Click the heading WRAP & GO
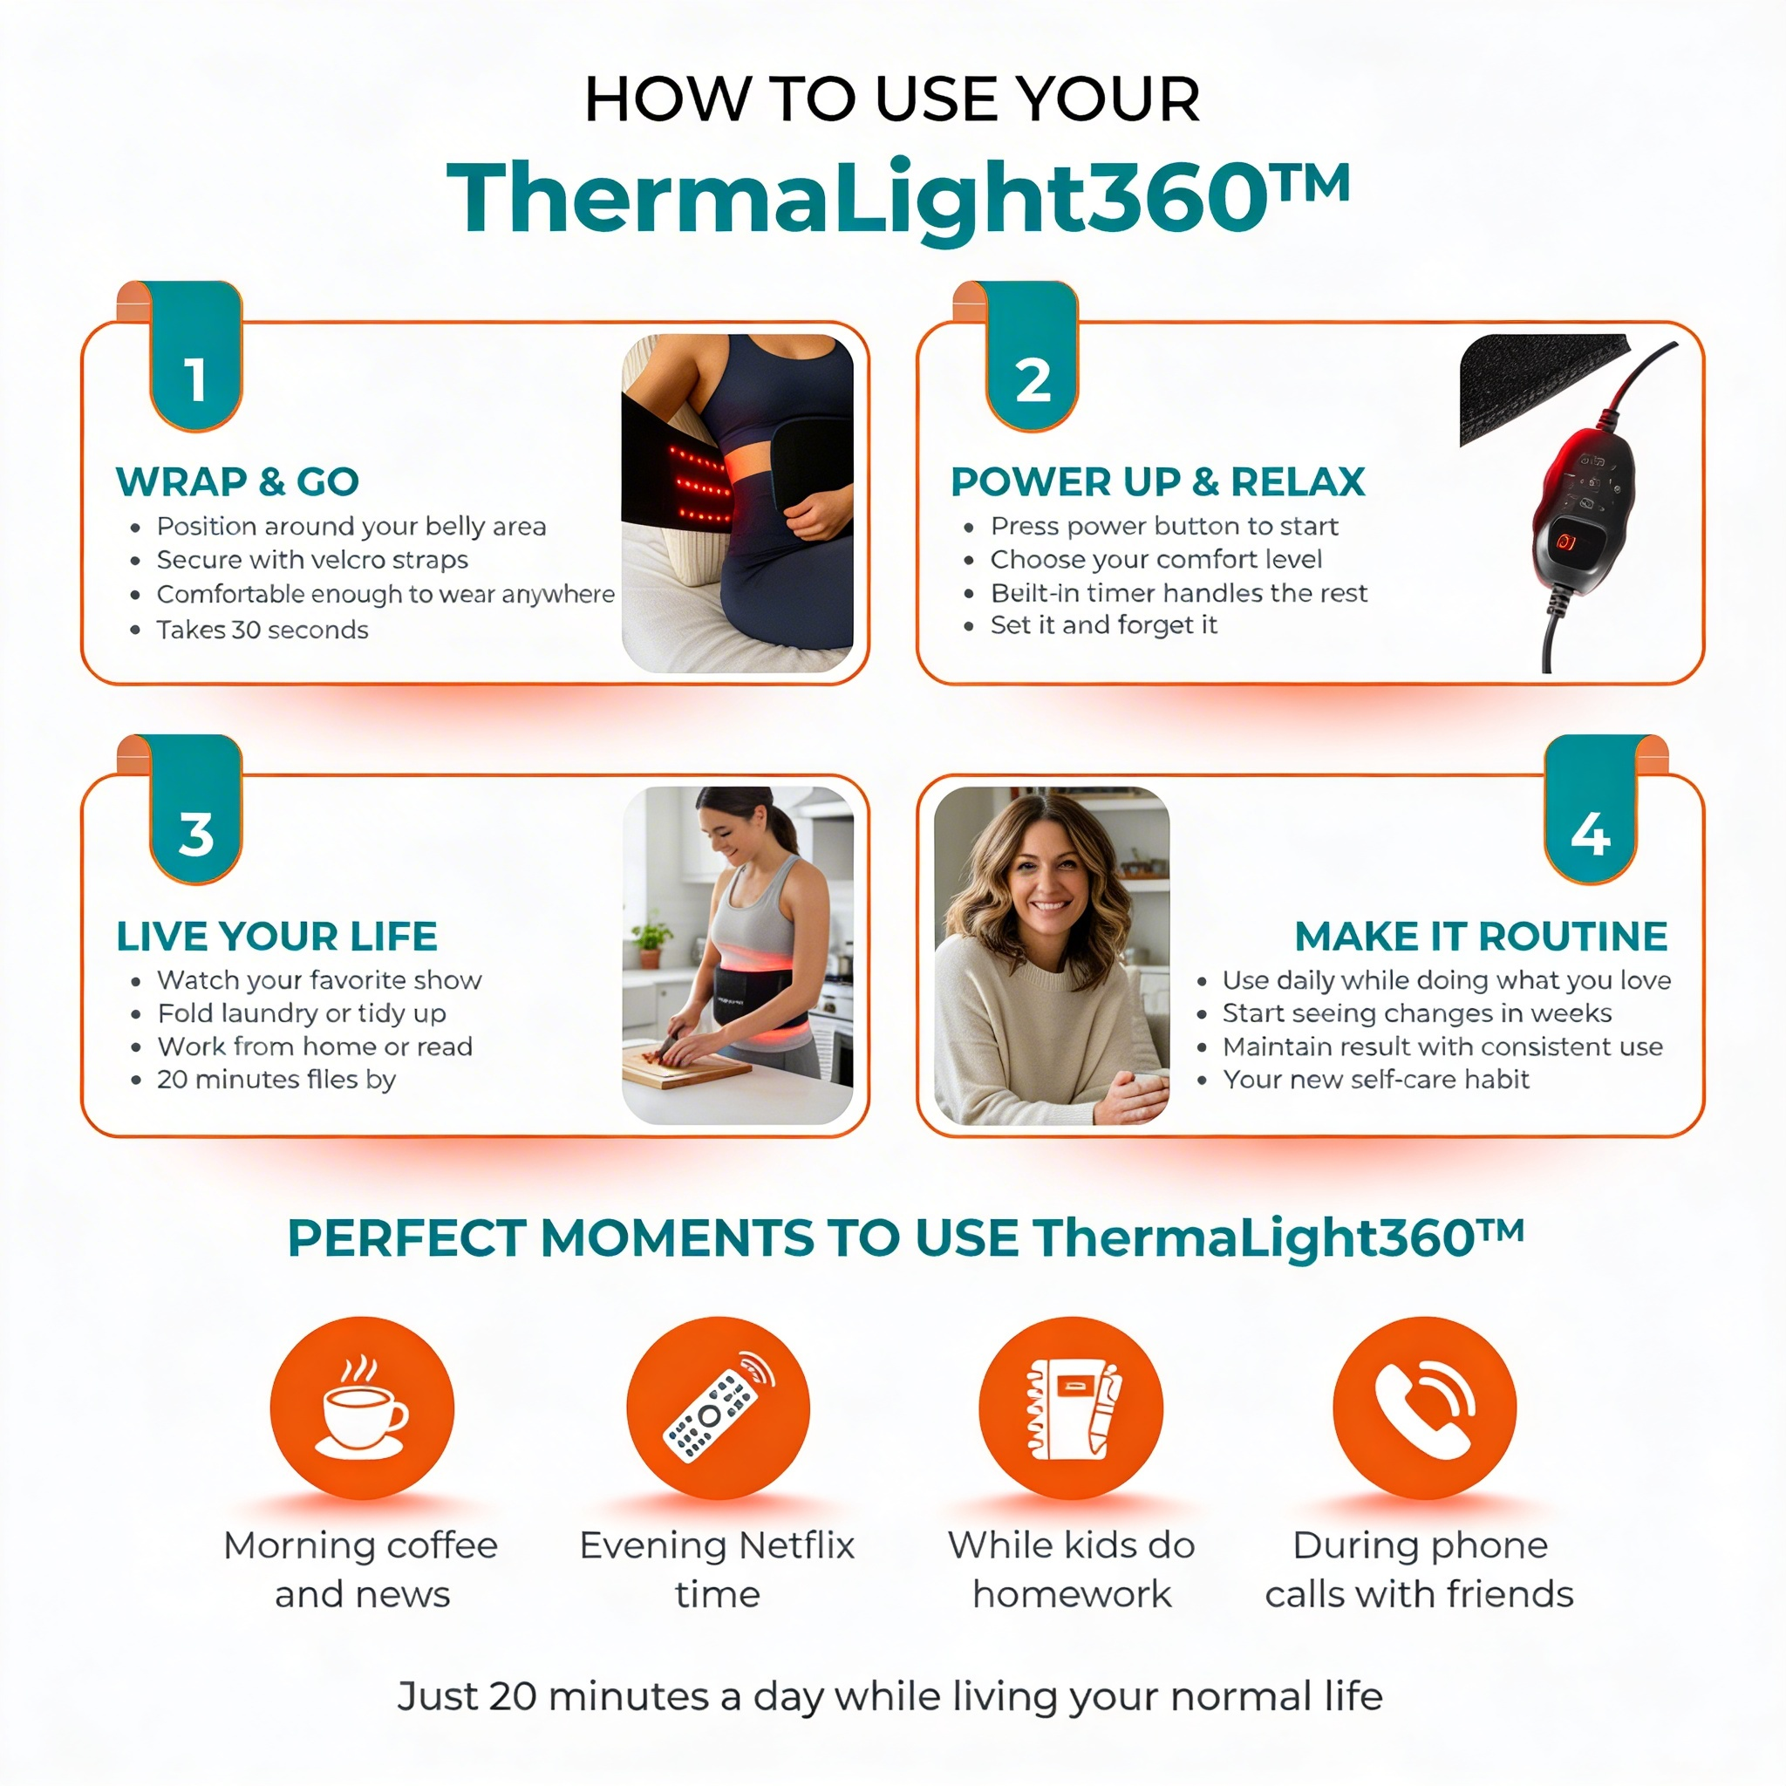point(236,481)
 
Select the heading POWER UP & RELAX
point(1157,481)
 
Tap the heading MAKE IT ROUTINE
point(1480,937)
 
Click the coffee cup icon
point(361,1407)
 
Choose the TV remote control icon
point(719,1407)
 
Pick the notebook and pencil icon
point(1072,1407)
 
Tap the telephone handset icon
point(1423,1407)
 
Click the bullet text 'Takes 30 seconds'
point(262,630)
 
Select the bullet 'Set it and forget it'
point(1103,625)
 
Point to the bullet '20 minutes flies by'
point(276,1079)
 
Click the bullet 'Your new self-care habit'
point(1375,1079)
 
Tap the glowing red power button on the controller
point(1565,542)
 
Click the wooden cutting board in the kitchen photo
point(684,1069)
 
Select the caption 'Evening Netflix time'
point(718,1569)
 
